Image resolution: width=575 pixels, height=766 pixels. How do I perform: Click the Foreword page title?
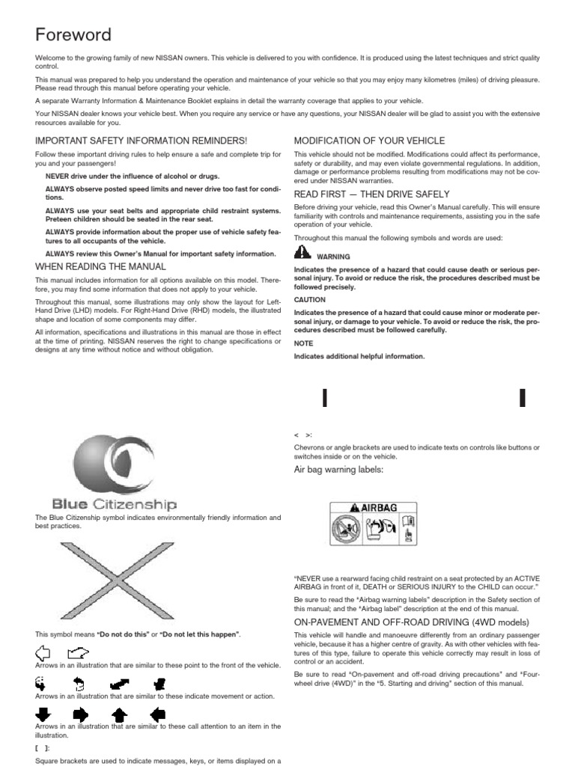pos(74,34)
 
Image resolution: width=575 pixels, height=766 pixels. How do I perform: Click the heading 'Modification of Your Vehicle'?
pos(359,141)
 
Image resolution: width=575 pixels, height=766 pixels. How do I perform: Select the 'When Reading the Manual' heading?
pos(101,266)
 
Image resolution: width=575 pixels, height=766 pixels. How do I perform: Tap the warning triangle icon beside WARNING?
pos(302,252)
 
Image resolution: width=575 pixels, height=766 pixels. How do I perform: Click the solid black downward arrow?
pos(43,713)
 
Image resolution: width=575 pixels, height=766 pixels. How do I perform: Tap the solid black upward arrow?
pos(119,713)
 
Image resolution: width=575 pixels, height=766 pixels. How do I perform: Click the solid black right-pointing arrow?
pos(81,713)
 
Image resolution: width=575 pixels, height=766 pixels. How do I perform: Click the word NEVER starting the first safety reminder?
pos(57,176)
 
